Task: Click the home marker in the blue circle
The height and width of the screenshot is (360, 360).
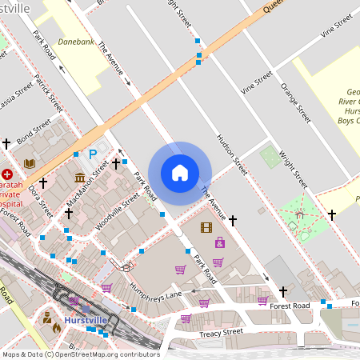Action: pyautogui.click(x=180, y=173)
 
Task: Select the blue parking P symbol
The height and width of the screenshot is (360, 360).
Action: pyautogui.click(x=93, y=154)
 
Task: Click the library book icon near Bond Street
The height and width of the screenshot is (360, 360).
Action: pyautogui.click(x=30, y=163)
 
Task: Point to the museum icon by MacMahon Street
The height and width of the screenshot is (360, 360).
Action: pyautogui.click(x=80, y=177)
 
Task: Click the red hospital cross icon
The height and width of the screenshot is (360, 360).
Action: pyautogui.click(x=7, y=174)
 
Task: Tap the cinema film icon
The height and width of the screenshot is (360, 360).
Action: pyautogui.click(x=206, y=228)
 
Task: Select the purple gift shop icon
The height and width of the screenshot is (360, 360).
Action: pyautogui.click(x=219, y=242)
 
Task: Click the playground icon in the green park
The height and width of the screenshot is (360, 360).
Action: pyautogui.click(x=300, y=214)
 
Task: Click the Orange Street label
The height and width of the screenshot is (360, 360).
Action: pyautogui.click(x=294, y=102)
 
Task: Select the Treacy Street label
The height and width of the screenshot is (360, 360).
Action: pyautogui.click(x=220, y=332)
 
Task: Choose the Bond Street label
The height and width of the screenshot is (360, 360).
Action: pyautogui.click(x=34, y=138)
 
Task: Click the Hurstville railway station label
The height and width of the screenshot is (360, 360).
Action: pyautogui.click(x=86, y=320)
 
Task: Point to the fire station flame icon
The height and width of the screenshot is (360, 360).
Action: pyautogui.click(x=56, y=327)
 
